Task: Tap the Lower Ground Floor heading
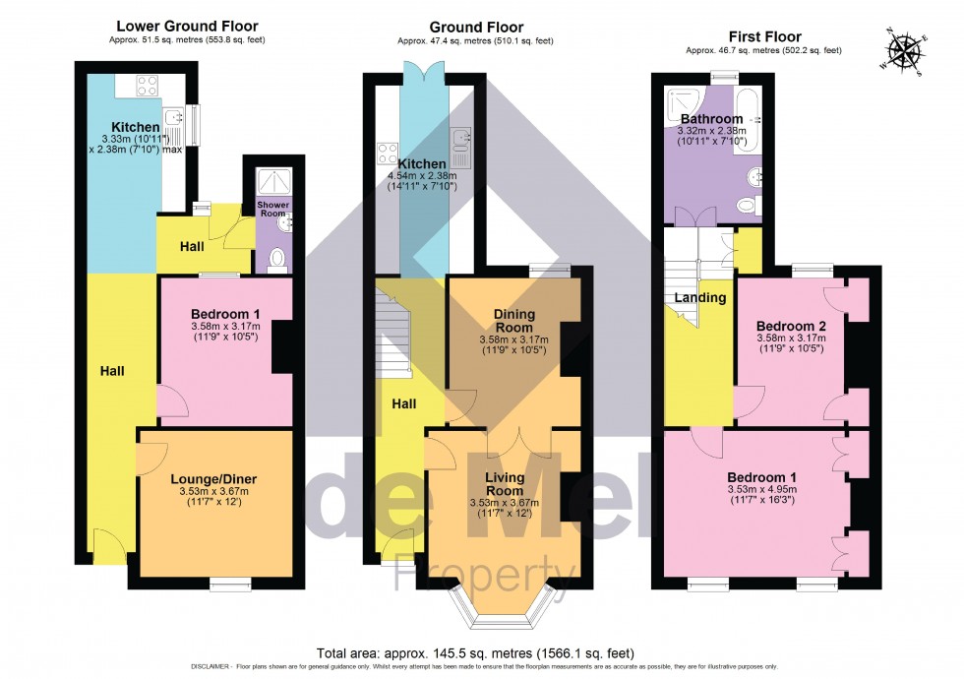[187, 27]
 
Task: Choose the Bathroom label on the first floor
[711, 118]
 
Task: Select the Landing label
[699, 297]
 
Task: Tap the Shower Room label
[273, 210]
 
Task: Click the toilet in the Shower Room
[276, 259]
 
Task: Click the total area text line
[482, 653]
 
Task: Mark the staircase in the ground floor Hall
[395, 335]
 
